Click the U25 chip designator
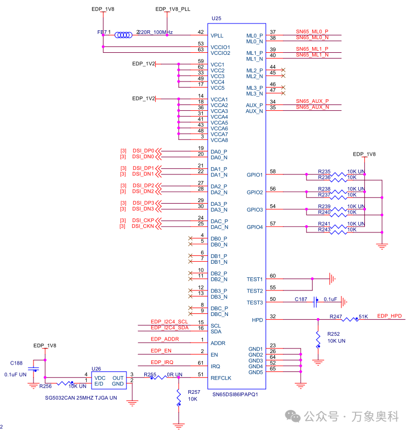pos(216,18)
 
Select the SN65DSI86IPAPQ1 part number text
pos(235,394)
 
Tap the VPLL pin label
pos(217,36)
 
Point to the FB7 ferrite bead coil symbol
pos(124,35)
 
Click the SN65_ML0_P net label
pos(312,32)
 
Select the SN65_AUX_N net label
pos(312,107)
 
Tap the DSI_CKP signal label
pos(143,220)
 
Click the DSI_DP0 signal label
pos(143,151)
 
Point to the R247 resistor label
pos(336,317)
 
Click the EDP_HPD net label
pos(390,317)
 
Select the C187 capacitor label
pos(301,299)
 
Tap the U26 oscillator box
pos(109,380)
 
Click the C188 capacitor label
pos(17,363)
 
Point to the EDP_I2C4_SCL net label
pos(169,322)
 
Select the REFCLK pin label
pos(221,378)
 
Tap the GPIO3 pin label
pos(255,210)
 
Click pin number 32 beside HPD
pos(272,317)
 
